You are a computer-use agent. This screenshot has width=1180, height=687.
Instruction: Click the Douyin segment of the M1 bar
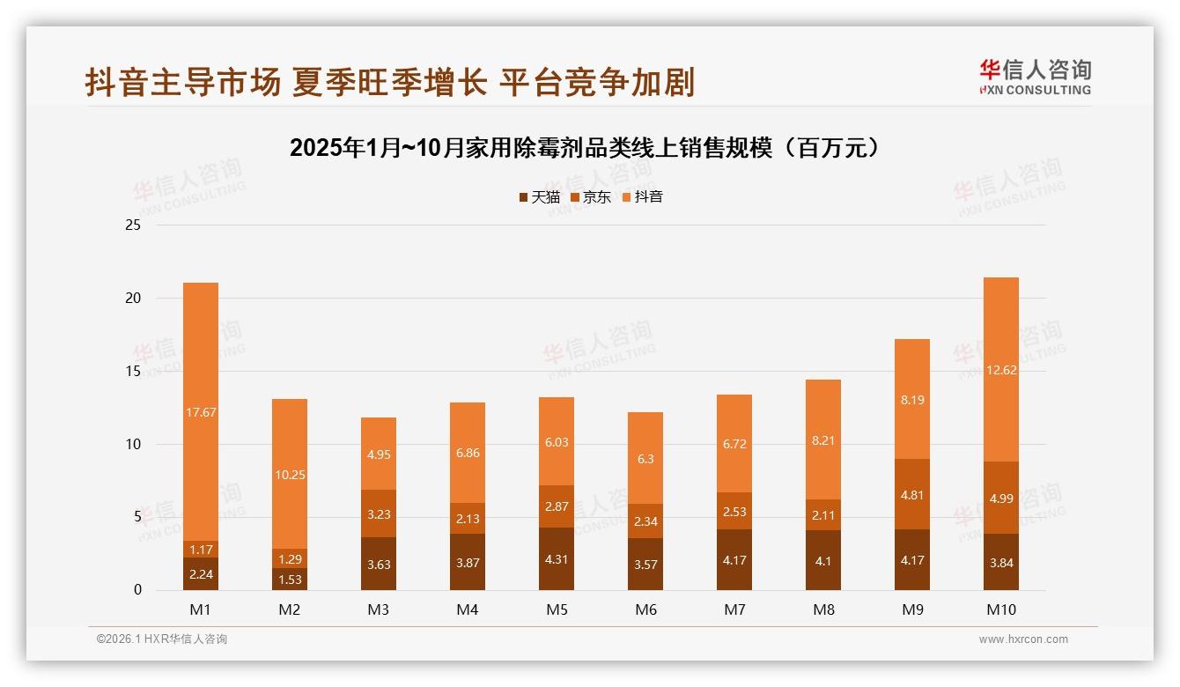point(201,411)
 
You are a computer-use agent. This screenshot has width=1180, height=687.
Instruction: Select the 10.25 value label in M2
point(290,475)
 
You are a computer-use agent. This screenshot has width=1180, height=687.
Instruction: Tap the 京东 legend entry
point(591,197)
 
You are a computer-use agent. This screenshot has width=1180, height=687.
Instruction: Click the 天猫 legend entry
point(540,197)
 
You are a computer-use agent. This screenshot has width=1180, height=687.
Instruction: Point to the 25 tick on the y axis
point(133,225)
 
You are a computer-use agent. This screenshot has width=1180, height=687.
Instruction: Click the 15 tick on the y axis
point(133,371)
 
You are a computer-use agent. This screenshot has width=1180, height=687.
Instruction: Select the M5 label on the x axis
point(557,609)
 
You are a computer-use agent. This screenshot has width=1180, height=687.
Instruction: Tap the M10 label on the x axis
point(1001,609)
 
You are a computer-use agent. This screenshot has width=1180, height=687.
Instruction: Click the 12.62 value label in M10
point(1001,370)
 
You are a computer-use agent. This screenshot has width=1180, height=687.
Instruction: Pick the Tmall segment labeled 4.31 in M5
point(557,558)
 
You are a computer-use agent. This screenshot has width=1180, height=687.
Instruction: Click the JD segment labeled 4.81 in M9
point(912,494)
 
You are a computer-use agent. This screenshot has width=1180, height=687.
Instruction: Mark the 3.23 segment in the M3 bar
point(379,513)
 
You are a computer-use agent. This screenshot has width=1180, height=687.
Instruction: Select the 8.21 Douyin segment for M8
point(823,440)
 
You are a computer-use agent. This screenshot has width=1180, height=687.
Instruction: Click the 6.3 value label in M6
point(645,459)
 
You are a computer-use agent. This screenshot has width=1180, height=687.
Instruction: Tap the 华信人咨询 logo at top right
point(1035,77)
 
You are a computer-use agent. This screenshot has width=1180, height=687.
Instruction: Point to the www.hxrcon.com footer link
point(1023,639)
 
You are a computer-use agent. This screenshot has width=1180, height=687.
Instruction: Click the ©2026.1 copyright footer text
point(162,639)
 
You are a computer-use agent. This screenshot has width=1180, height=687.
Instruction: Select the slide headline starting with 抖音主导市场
point(389,81)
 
